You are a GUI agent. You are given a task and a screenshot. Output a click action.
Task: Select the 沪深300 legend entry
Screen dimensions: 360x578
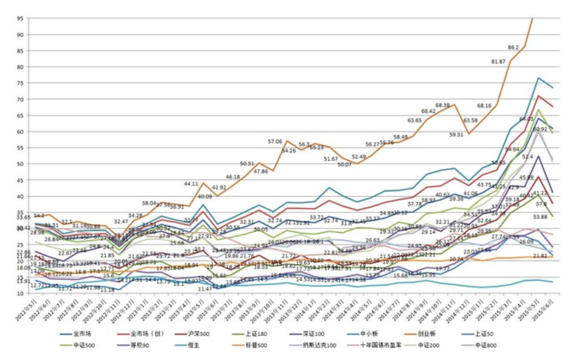point(198,334)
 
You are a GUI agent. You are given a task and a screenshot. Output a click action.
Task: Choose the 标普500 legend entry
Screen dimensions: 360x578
point(256,345)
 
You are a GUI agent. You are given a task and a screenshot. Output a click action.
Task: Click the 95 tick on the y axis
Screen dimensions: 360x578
point(20,19)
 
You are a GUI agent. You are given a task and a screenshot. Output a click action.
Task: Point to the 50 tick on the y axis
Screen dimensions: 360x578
point(20,164)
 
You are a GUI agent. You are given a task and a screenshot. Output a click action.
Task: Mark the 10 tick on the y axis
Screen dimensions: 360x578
point(20,293)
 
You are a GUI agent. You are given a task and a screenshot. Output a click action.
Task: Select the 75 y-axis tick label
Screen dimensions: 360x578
point(20,83)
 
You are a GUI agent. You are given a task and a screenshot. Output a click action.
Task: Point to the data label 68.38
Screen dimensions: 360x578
point(443,106)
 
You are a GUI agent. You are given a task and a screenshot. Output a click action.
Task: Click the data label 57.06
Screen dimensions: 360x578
point(276,142)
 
